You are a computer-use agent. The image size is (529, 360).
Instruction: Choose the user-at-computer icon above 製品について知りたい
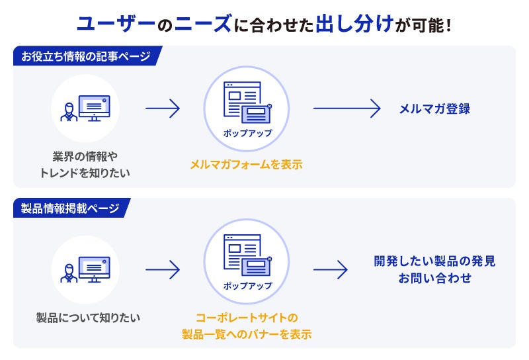85,269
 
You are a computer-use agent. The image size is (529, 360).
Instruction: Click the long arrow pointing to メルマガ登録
347,109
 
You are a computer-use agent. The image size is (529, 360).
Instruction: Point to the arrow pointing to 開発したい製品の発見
330,269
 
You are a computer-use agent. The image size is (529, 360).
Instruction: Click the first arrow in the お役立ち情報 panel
163,109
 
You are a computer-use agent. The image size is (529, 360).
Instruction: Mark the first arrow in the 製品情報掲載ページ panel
163,269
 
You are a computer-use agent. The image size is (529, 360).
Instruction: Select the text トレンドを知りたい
85,173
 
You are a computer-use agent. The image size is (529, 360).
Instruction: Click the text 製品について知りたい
88,318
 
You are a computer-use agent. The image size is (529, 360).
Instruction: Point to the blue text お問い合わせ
434,279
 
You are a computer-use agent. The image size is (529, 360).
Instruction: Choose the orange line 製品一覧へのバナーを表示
247,334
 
